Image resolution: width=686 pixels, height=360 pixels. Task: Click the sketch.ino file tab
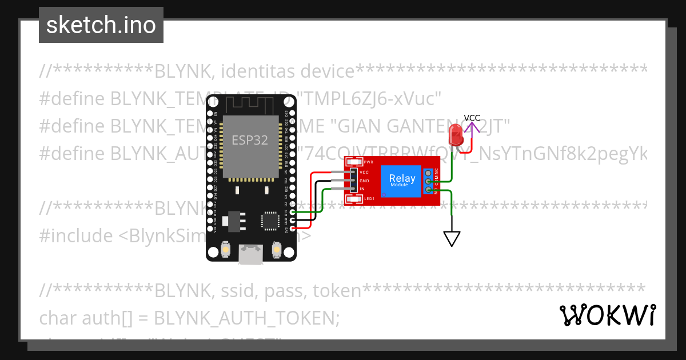coord(101,25)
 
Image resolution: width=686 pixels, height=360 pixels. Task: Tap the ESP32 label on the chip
coord(249,140)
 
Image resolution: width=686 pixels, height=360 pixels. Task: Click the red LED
coord(456,135)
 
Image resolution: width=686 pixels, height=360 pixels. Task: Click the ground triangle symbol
coord(452,238)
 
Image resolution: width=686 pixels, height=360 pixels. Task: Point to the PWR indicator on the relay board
coord(354,162)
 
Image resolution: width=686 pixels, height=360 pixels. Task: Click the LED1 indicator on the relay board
coord(354,198)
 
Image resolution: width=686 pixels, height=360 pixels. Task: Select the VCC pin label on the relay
coord(364,172)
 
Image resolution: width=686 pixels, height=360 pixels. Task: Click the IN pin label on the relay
coord(362,189)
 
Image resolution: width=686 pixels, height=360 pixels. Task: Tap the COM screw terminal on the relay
coord(428,182)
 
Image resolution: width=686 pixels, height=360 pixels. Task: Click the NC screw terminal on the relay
coord(428,173)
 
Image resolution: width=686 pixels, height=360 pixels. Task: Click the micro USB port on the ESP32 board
coord(252,254)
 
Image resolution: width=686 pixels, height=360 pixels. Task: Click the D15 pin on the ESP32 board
coord(292,212)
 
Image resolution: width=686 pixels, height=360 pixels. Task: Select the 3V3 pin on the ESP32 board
coord(292,228)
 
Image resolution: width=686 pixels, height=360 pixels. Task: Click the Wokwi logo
coord(607,315)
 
